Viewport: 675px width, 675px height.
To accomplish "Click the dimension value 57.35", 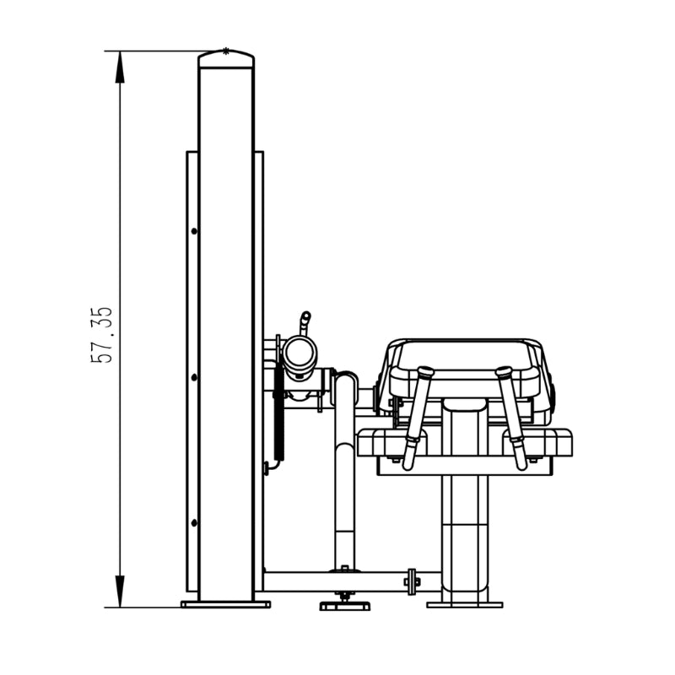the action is point(101,335).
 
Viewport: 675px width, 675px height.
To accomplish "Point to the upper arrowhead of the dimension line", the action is point(120,67).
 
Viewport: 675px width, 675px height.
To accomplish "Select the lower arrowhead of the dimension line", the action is point(120,591).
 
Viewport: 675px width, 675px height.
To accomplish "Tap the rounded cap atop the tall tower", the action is point(226,58).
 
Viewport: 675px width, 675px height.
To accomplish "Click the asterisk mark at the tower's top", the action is point(225,51).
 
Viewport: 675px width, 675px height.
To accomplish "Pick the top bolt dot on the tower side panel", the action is point(194,231).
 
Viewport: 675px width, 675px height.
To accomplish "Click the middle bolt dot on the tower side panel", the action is point(194,377).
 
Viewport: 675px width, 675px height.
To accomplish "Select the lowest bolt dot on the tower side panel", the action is point(194,522).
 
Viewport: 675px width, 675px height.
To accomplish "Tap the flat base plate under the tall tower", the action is point(225,604).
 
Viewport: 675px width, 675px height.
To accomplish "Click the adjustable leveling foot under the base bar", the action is point(344,603).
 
